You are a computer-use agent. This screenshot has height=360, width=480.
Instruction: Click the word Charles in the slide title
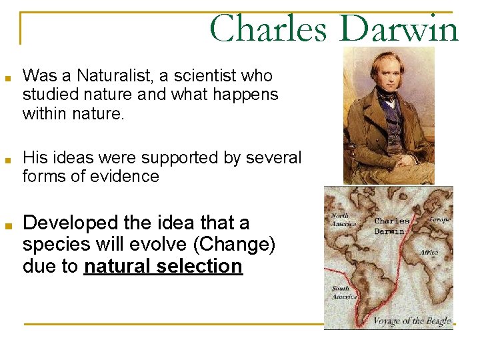(x=267, y=30)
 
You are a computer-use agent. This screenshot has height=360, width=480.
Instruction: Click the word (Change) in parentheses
(x=233, y=245)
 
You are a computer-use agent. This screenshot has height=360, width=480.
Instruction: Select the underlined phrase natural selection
(x=163, y=267)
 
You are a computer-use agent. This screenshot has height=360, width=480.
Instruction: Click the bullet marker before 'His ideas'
(x=6, y=159)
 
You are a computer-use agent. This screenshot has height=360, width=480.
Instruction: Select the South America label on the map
(x=341, y=293)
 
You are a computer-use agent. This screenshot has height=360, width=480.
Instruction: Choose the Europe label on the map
(x=439, y=219)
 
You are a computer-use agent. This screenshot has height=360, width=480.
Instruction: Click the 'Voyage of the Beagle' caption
(x=411, y=321)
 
